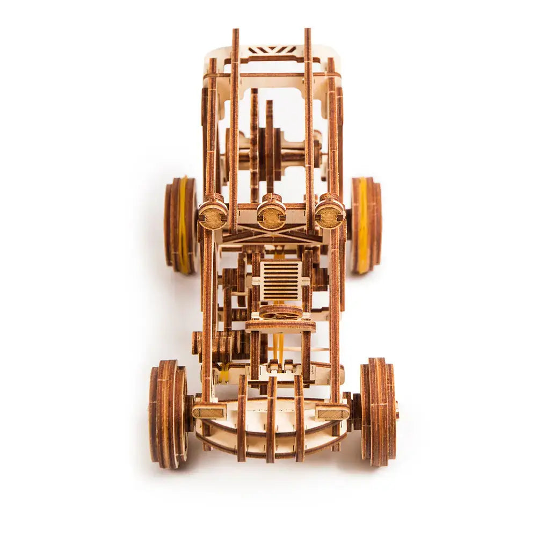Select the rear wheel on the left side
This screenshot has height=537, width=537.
click(180, 226)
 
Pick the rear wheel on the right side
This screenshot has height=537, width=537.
click(366, 226)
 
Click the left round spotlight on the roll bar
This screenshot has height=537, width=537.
click(213, 215)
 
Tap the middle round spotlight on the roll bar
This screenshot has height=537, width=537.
click(271, 215)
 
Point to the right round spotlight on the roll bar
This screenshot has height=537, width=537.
click(329, 215)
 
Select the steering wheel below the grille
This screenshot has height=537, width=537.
click(281, 311)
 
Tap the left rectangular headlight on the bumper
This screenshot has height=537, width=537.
click(209, 412)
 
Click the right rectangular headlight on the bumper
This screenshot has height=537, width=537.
click(333, 412)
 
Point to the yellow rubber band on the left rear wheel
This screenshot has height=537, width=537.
click(184, 226)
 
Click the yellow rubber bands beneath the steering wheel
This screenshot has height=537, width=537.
click(278, 346)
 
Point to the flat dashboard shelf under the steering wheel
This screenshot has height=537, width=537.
click(281, 325)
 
